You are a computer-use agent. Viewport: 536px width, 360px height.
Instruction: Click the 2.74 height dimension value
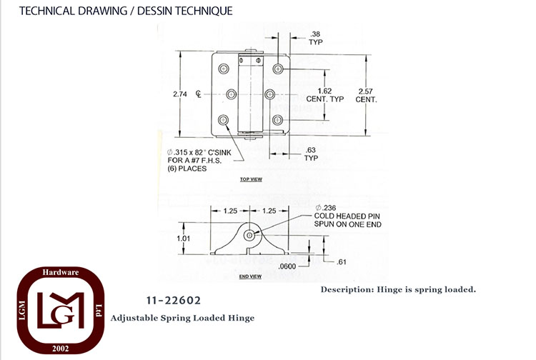180,94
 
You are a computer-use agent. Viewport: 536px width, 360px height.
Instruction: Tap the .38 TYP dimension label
315,38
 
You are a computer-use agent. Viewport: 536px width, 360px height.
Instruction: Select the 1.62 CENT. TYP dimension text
324,95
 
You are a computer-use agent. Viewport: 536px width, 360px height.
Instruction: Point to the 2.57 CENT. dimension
366,95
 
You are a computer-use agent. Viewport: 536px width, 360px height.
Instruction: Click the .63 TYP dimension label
311,154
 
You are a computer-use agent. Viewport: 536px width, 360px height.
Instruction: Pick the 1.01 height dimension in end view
183,239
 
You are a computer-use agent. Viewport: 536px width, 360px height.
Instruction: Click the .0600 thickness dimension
287,266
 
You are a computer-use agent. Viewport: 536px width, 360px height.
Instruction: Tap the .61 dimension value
341,262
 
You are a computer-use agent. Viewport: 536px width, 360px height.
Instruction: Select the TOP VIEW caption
251,179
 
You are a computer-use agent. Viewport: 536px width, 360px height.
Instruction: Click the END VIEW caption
250,276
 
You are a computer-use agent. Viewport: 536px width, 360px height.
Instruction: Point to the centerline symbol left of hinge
199,94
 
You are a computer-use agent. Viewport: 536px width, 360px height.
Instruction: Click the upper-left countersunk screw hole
224,69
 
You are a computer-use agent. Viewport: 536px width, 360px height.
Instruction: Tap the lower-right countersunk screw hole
277,120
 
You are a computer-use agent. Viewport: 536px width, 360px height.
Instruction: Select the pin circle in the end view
249,235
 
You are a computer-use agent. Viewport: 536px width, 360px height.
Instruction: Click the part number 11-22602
174,301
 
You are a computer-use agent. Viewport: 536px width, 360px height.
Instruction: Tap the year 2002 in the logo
61,349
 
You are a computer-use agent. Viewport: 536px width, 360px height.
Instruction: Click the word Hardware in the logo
61,272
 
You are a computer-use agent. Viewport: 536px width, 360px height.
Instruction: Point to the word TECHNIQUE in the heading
204,11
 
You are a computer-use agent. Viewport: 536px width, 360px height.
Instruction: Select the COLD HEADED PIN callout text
347,216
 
